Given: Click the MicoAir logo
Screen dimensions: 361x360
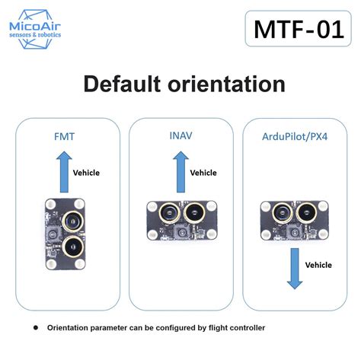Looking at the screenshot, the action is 35,29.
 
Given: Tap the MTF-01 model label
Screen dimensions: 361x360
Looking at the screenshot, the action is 299,29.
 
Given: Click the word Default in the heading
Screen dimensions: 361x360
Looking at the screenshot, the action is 122,84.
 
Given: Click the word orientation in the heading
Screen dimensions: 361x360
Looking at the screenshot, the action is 226,84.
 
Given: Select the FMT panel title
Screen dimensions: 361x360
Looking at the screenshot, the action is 65,136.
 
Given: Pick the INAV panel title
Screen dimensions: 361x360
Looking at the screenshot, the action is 180,135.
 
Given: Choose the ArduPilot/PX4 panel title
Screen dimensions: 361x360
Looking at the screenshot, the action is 295,136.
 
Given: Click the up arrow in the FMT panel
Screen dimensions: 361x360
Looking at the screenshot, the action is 64,172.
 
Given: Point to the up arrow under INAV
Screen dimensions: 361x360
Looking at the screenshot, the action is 180,172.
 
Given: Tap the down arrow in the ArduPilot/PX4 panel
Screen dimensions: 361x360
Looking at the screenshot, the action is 295,269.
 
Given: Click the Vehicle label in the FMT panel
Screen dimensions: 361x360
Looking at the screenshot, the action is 86,173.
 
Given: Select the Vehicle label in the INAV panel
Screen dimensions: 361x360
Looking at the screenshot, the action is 203,173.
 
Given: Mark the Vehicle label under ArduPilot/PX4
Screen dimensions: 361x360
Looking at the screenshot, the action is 318,265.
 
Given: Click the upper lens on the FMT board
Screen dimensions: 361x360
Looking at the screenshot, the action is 73,221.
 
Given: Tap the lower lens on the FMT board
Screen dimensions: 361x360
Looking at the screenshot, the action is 73,247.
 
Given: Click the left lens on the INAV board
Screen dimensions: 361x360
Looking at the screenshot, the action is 169,212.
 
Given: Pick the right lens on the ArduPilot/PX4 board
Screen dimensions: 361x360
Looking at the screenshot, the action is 308,212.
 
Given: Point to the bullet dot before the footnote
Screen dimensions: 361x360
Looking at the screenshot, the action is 36,328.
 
